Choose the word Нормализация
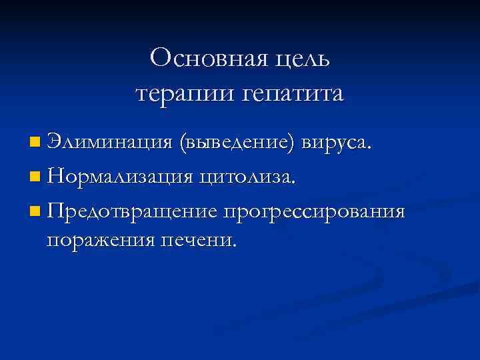[119, 177]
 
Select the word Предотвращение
[132, 211]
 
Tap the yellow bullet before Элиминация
[35, 142]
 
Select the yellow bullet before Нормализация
[35, 177]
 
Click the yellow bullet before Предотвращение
[35, 212]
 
